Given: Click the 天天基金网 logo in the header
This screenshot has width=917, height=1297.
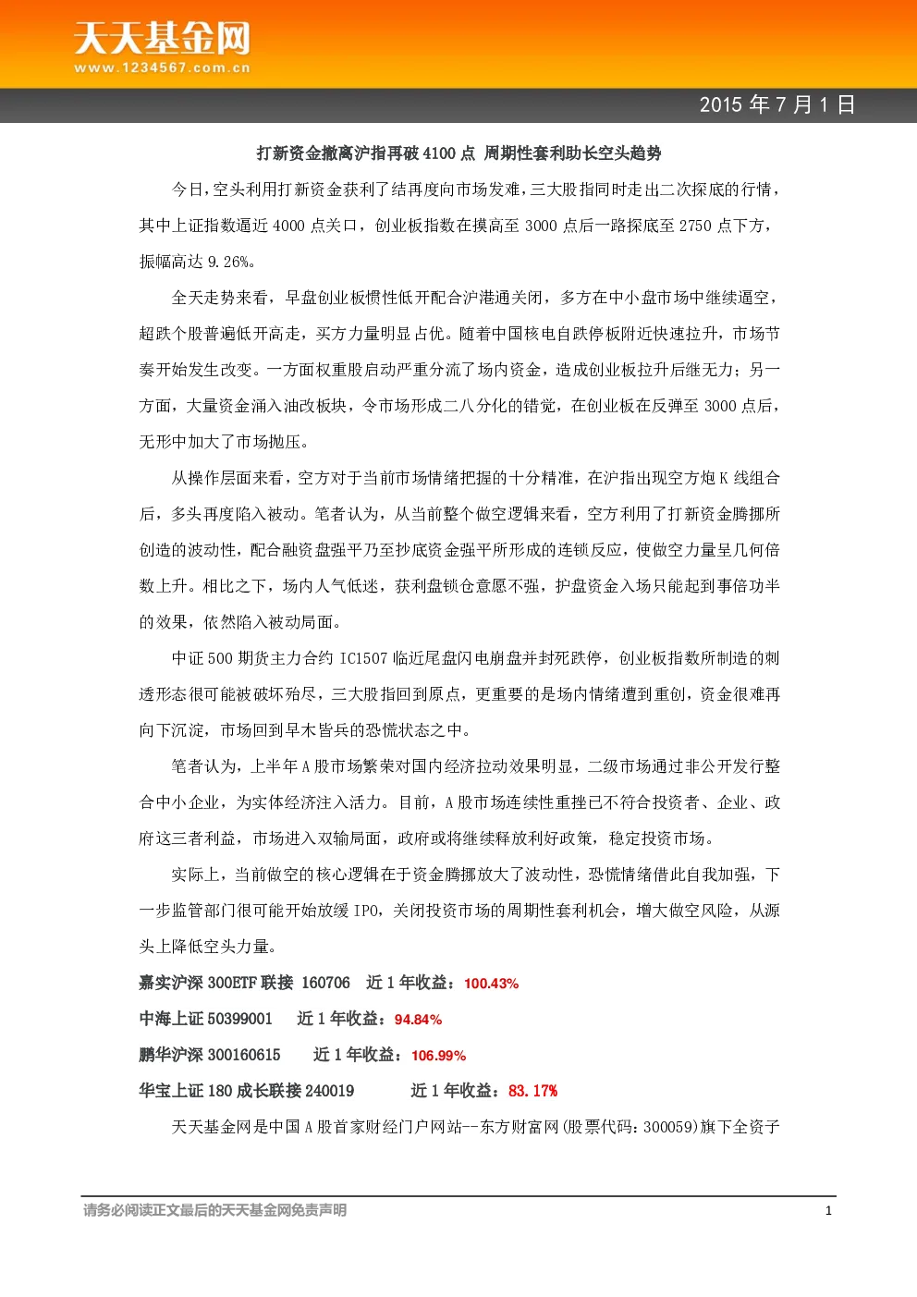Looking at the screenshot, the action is tap(162, 38).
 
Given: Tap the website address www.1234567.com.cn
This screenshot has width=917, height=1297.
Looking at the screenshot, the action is tap(162, 67).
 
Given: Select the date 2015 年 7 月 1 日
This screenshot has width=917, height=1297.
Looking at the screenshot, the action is tap(777, 104).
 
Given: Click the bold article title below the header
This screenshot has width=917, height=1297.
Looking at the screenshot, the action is tap(459, 153).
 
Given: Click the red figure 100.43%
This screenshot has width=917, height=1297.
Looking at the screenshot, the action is tap(491, 984).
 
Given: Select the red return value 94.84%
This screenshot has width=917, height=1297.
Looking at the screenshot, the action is tap(418, 1019).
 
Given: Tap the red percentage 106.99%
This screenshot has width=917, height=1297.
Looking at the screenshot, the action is tap(438, 1055).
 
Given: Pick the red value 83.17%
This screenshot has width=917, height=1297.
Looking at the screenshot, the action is tap(532, 1091).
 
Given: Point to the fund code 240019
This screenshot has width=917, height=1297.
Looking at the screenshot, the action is tap(329, 1091).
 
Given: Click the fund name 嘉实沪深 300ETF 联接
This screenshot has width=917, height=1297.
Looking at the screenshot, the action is tap(216, 983).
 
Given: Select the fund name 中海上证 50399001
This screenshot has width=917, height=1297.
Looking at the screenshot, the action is tap(205, 1019).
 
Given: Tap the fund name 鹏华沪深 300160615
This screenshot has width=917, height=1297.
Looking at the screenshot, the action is tap(210, 1055).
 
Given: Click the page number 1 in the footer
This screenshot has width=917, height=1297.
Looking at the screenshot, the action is tap(828, 1211).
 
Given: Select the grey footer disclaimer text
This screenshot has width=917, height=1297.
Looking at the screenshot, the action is tap(214, 1210).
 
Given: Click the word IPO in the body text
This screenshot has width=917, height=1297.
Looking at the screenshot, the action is tap(366, 911).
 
